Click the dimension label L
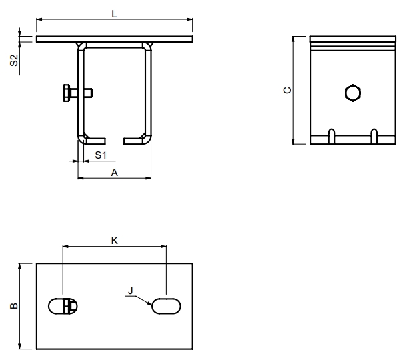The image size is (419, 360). coord(114,13)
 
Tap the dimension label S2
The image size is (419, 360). coord(14,60)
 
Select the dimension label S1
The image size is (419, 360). coord(101,155)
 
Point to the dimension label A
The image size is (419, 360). coord(114,173)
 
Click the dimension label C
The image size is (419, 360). coord(288,90)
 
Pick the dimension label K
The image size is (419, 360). coord(114,241)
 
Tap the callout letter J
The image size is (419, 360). coord(130,290)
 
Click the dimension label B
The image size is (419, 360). coord(14,305)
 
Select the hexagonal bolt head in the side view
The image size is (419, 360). coord(353,93)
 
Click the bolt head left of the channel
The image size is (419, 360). coord(66,93)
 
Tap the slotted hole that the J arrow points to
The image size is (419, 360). coord(166,306)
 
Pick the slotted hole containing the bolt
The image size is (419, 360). coord(63,306)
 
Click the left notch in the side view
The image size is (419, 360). coord(332,137)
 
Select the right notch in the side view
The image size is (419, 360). coord(374,137)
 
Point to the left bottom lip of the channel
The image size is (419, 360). coord(95,141)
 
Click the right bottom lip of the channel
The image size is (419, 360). coord(134,141)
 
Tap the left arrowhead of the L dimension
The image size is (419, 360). coord(39,19)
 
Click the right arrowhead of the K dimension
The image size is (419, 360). coord(163,246)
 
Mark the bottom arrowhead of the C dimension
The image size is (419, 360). coord(293,141)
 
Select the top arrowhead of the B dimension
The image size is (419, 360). coord(19,266)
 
